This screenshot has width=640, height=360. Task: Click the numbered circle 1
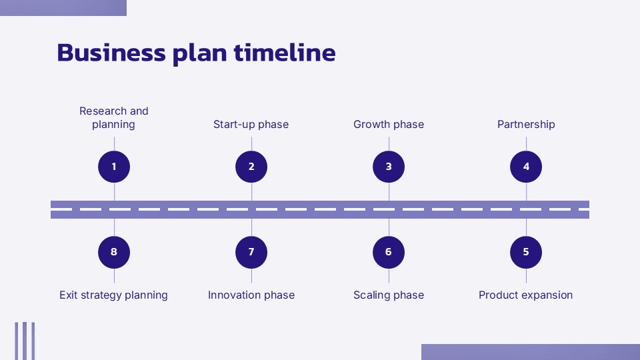(x=114, y=167)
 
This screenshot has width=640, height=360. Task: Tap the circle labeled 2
(x=251, y=167)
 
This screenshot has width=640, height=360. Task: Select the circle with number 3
(x=389, y=167)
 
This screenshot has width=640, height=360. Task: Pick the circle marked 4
(x=526, y=167)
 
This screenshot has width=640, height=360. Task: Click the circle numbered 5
(x=526, y=252)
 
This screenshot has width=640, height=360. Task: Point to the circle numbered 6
(x=389, y=252)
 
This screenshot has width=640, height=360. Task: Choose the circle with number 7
(x=251, y=252)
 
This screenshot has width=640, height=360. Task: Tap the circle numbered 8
(x=114, y=252)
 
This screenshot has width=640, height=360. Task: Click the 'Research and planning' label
(x=114, y=118)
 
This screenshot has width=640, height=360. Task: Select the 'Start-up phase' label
(x=251, y=125)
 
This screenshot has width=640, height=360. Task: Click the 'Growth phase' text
(x=389, y=125)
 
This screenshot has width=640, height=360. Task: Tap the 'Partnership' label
(x=526, y=125)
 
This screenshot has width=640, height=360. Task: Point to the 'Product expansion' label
(x=526, y=295)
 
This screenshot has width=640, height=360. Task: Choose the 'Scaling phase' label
(x=389, y=295)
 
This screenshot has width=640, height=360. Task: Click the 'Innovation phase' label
(x=251, y=295)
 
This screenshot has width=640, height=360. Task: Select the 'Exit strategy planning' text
(x=114, y=295)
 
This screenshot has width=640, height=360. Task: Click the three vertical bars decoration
(x=25, y=341)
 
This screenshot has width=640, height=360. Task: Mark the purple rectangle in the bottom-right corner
(x=530, y=352)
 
